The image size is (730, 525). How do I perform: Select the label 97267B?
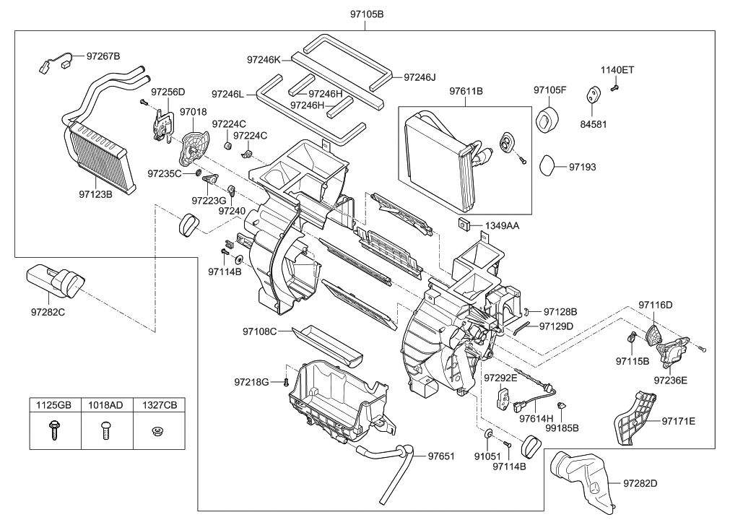(x=103, y=56)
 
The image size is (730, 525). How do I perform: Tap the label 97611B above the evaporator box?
(x=466, y=92)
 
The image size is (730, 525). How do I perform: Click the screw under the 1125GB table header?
(x=53, y=431)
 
